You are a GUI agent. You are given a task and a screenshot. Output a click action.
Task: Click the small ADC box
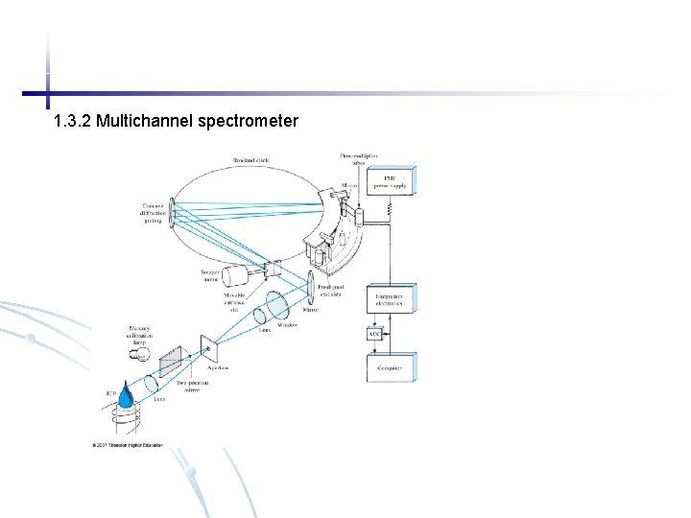[374, 334]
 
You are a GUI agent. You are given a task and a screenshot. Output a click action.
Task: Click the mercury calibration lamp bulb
[140, 355]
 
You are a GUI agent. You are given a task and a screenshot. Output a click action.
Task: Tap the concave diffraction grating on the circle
[171, 216]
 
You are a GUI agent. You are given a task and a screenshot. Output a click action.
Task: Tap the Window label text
[287, 325]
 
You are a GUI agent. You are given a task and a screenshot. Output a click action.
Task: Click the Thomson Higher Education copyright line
[128, 445]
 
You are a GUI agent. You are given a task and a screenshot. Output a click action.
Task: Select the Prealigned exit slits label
[330, 291]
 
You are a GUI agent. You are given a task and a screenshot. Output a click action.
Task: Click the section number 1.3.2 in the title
[73, 122]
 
